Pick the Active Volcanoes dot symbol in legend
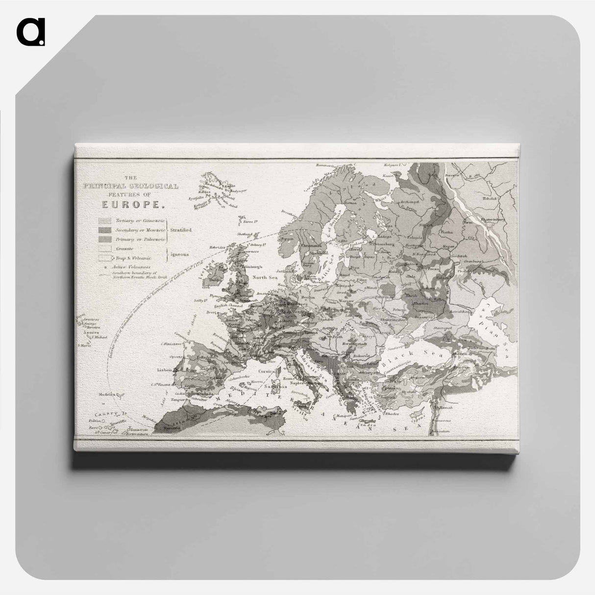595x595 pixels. click(106, 267)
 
